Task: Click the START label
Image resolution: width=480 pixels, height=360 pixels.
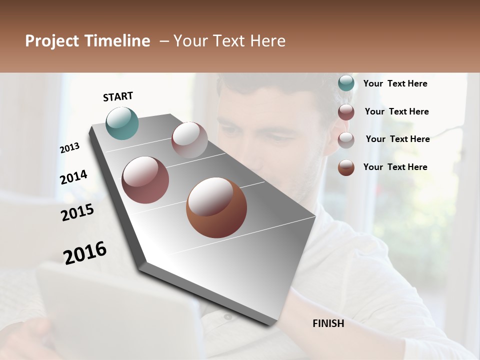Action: (x=118, y=96)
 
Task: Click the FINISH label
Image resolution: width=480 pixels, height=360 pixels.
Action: (x=328, y=323)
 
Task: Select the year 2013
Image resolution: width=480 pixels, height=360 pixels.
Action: (x=69, y=148)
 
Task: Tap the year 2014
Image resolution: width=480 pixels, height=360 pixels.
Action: (x=73, y=177)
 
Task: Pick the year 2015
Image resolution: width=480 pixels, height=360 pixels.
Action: (x=77, y=212)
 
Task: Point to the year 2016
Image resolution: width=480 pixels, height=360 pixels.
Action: (x=85, y=252)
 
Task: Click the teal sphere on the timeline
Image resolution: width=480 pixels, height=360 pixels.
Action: (x=122, y=123)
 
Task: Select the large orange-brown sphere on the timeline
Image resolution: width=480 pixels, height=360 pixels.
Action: (x=216, y=207)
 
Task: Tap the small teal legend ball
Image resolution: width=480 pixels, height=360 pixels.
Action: (x=346, y=83)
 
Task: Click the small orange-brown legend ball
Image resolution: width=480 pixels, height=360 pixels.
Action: (x=346, y=167)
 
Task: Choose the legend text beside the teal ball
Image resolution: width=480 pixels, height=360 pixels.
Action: (x=395, y=83)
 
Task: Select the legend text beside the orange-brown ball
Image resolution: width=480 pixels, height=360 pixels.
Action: (x=395, y=167)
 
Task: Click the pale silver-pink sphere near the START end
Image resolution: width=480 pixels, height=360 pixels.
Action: (x=189, y=140)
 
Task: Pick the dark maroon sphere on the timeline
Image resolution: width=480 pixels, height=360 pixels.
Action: (x=145, y=180)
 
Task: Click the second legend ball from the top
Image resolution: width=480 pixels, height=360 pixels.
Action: (x=346, y=112)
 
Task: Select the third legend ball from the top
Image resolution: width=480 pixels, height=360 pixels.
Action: (x=346, y=140)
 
